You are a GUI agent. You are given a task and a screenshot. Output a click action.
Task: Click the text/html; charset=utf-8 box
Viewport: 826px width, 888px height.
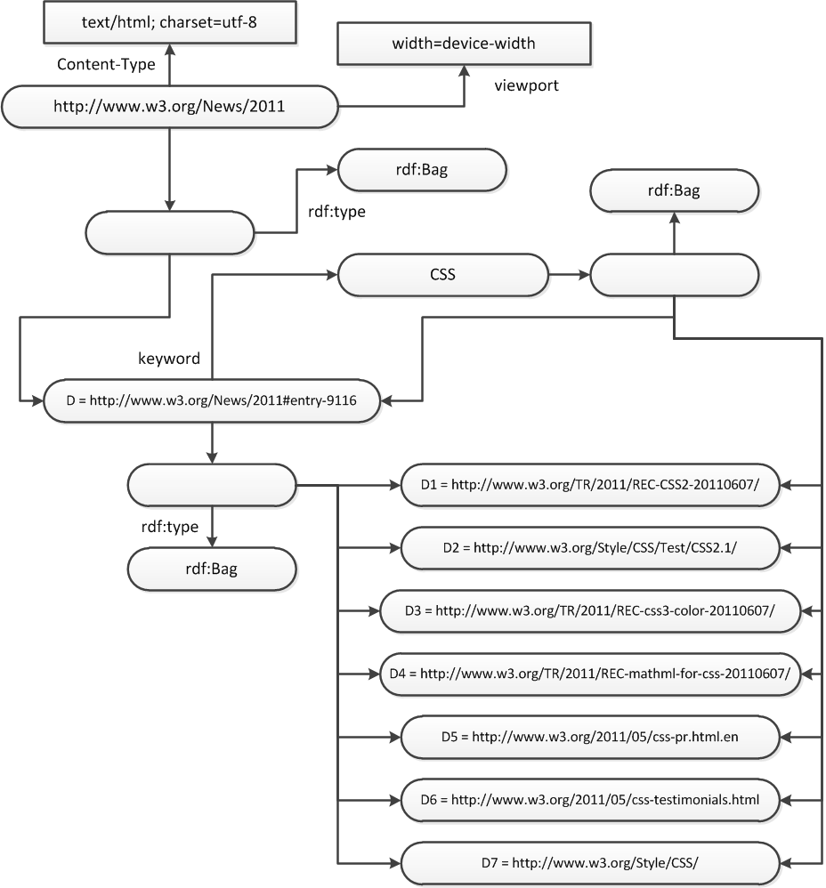point(170,22)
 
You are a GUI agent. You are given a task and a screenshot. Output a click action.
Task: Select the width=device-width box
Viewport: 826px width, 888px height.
point(464,44)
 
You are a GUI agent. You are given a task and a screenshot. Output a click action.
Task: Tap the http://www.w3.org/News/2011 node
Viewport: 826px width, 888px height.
point(170,107)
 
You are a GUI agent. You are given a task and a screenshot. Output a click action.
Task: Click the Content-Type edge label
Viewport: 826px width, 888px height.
point(106,64)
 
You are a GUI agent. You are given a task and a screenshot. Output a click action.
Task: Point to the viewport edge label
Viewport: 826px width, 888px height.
point(526,85)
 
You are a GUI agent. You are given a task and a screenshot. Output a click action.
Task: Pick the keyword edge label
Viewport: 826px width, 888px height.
point(169,359)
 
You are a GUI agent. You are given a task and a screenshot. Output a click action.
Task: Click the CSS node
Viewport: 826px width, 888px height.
point(443,275)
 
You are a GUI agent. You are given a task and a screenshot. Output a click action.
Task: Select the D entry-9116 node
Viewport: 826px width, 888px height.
point(212,401)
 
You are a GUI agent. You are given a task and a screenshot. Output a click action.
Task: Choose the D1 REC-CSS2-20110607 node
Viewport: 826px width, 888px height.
point(590,485)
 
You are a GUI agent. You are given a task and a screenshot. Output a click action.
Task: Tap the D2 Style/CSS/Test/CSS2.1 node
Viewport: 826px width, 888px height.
point(590,548)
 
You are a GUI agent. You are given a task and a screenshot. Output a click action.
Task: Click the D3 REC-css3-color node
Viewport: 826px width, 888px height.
point(590,611)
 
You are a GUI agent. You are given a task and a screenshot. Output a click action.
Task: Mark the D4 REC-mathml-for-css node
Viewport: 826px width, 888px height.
point(590,674)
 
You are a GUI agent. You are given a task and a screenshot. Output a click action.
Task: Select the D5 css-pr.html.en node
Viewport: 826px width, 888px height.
point(590,737)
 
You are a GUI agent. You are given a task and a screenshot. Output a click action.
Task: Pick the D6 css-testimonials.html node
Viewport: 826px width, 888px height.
point(590,800)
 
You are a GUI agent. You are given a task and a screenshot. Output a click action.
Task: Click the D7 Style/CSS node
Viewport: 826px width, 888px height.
point(590,863)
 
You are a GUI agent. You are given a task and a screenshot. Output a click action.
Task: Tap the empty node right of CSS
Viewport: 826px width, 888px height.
point(674,275)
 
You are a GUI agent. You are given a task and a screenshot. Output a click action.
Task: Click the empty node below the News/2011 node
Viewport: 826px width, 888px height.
point(170,233)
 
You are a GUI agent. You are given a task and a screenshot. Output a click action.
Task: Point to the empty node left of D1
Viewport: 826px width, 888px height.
point(212,485)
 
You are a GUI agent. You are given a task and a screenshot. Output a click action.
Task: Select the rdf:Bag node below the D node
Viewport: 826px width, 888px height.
point(212,569)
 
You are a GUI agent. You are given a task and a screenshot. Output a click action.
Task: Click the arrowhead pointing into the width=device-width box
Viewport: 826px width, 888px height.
point(464,71)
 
